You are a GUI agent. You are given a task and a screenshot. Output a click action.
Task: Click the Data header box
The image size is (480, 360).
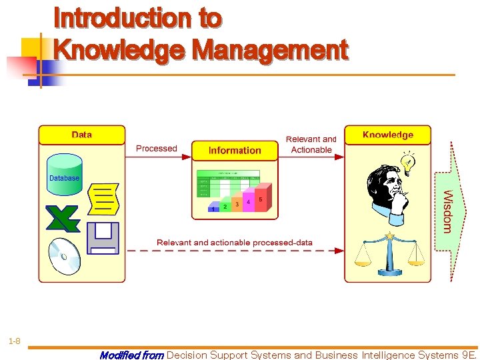coord(81,135)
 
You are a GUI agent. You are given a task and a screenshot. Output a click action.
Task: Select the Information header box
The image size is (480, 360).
coord(235,151)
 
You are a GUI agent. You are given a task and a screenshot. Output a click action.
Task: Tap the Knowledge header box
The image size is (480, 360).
coord(387,135)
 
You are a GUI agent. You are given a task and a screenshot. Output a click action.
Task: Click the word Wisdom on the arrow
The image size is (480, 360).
coord(448,211)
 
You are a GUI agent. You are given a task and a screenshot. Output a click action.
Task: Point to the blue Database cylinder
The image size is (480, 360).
coord(65,175)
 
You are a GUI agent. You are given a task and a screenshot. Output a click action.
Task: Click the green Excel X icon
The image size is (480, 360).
coord(63,218)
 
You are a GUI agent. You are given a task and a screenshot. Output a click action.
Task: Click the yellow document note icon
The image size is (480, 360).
coord(104,197)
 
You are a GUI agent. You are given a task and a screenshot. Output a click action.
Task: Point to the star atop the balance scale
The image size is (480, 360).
coord(389,236)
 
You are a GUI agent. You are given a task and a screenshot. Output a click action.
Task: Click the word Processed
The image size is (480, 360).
coord(157,149)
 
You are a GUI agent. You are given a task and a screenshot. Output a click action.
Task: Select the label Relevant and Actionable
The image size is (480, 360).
coord(311,145)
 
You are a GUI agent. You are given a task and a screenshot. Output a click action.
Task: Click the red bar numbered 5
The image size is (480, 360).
coord(260,202)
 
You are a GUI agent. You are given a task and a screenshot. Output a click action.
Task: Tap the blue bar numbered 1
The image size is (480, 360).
coord(213,209)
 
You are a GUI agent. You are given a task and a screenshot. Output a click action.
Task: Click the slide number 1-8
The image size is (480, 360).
coord(14,342)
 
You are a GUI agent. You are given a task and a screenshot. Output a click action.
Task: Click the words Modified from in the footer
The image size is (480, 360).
coord(131,355)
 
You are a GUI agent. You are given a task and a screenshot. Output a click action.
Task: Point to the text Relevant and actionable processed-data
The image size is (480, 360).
coord(235,243)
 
